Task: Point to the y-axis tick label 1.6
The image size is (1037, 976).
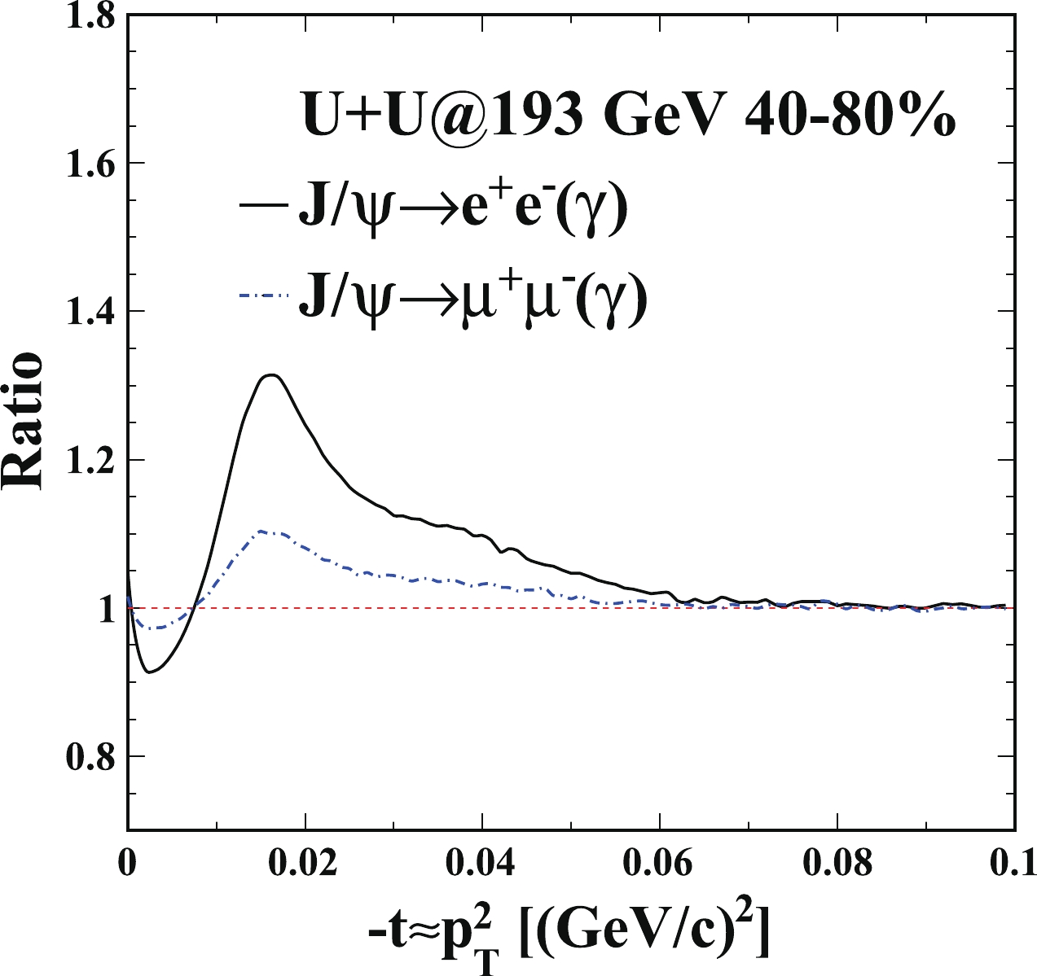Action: point(90,164)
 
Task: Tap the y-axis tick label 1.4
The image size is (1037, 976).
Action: point(90,312)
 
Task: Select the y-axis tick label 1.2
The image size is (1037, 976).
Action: point(90,460)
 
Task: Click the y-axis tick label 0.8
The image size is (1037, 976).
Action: point(90,756)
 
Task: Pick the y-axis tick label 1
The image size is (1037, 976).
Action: point(105,609)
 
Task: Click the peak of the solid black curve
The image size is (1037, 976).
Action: point(273,375)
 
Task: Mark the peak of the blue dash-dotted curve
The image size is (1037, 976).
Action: point(261,531)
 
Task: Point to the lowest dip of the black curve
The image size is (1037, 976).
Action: point(148,672)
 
